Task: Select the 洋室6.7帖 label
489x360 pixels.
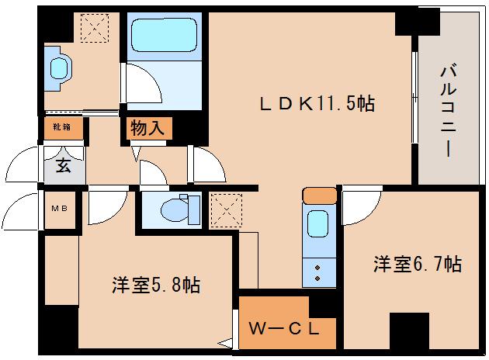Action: tap(417, 264)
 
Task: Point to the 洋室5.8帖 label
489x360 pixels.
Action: tap(155, 285)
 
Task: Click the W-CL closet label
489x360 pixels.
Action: tap(284, 327)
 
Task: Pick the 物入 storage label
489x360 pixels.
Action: tap(147, 128)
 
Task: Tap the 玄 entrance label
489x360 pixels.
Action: tap(62, 164)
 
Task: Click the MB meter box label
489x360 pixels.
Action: tap(58, 208)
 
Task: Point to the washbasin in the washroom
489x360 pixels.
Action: tap(59, 67)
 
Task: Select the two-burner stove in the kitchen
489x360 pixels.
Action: tap(317, 272)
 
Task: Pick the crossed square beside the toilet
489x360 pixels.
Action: tap(224, 207)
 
